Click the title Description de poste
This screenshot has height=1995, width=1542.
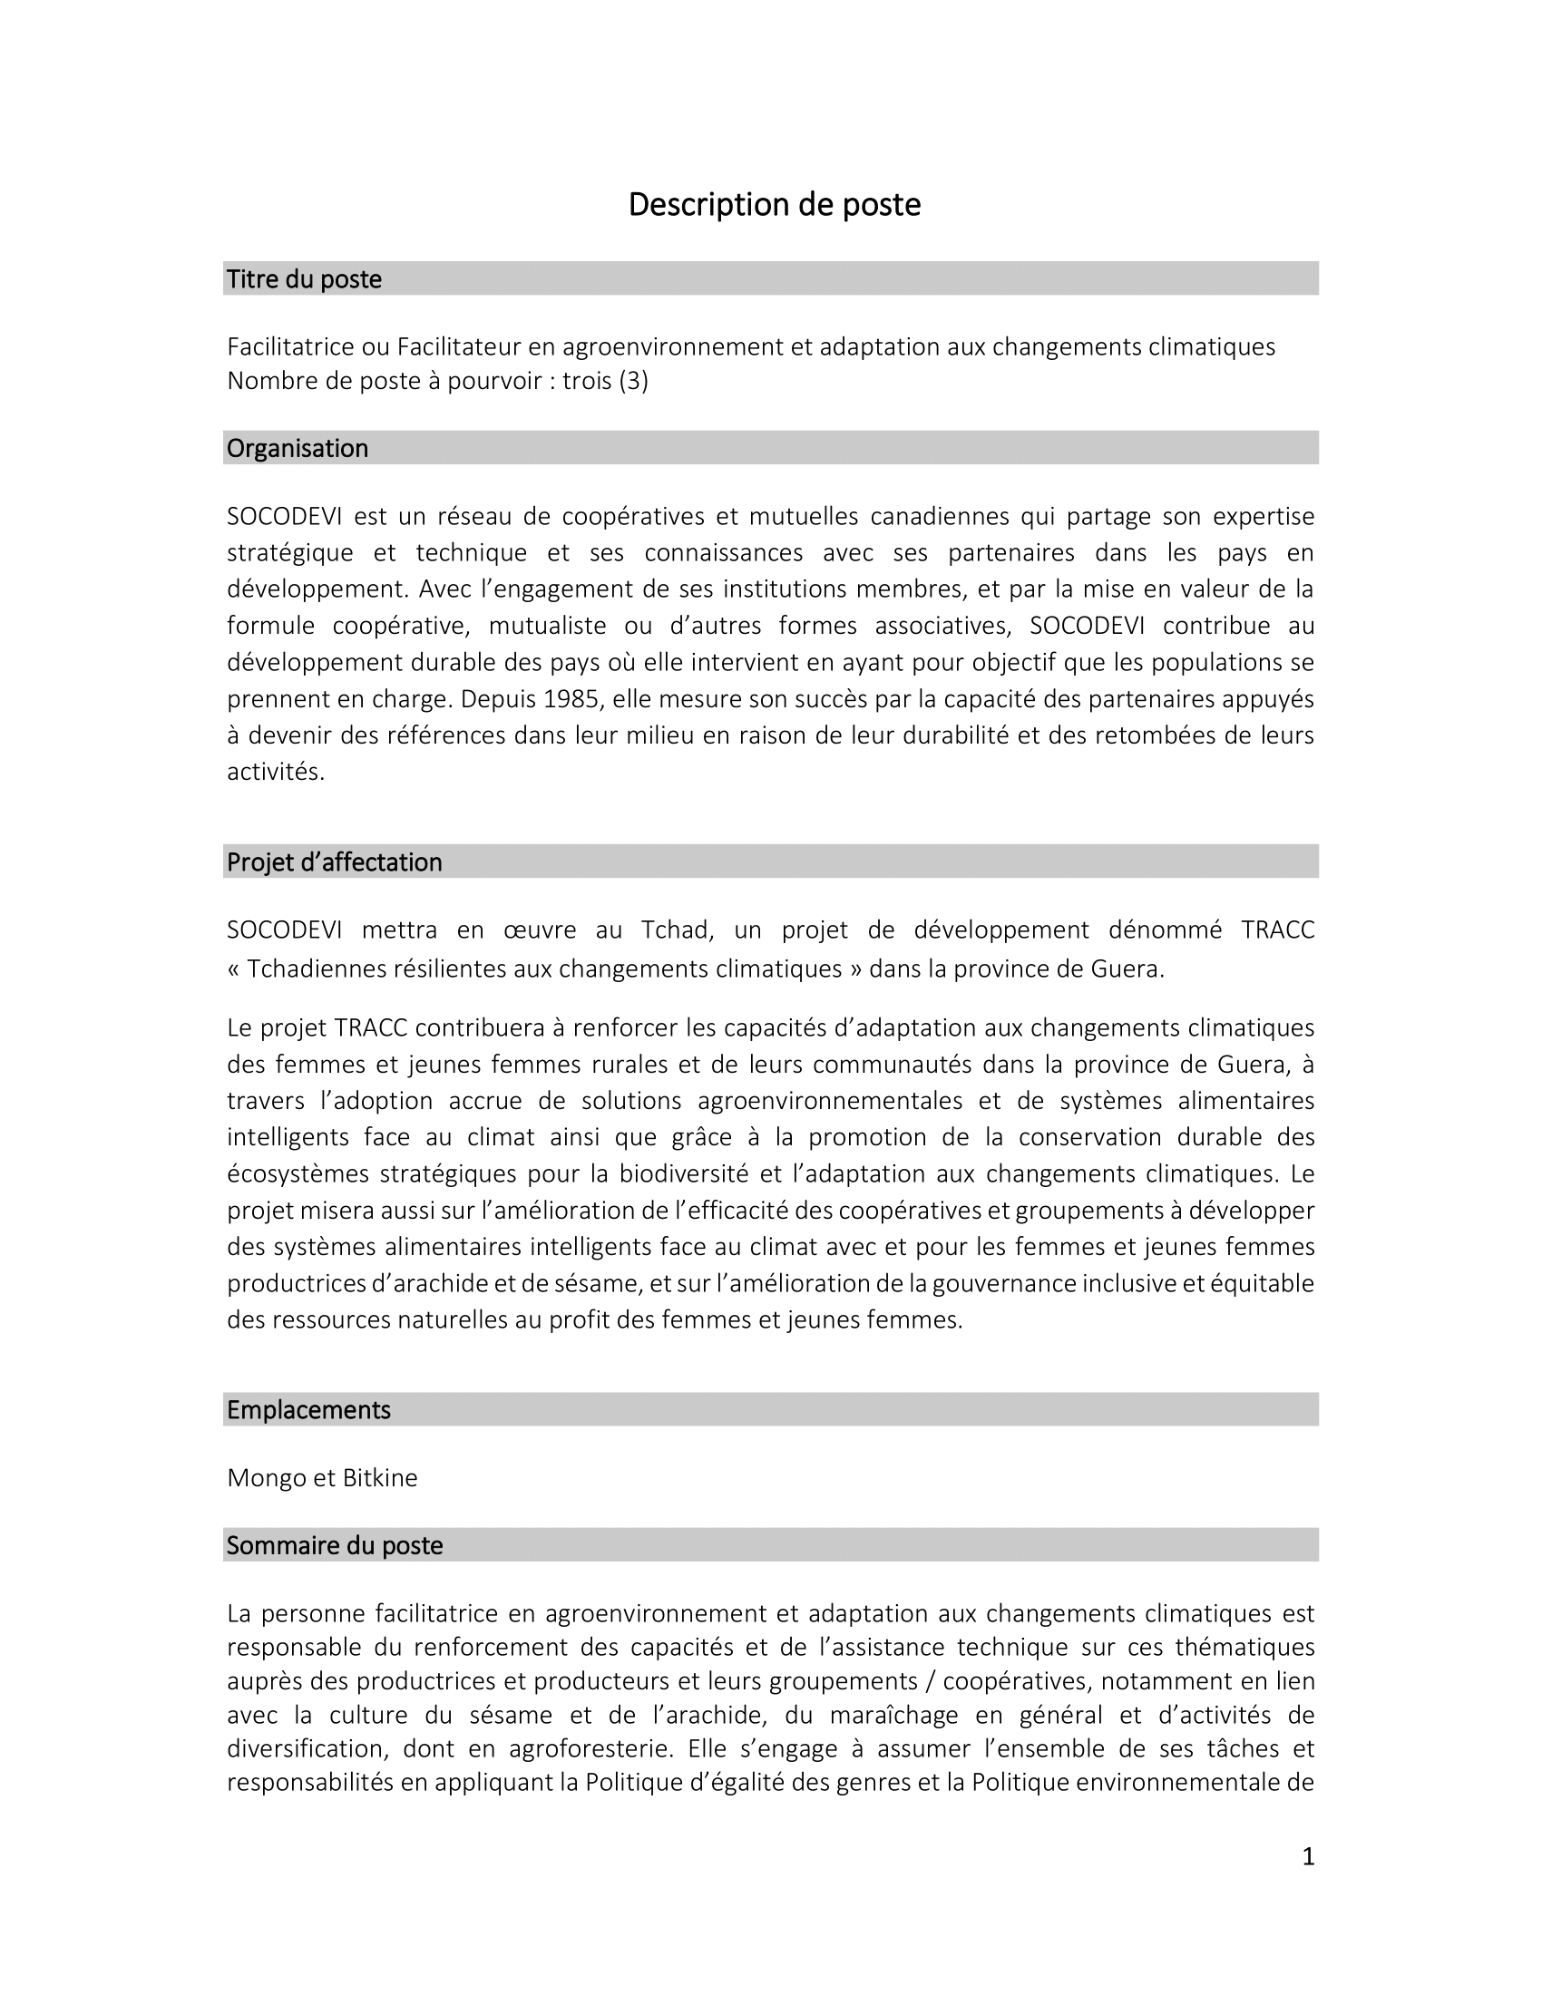(774, 205)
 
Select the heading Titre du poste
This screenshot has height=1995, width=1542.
(304, 278)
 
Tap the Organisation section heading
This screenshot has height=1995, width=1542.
(298, 448)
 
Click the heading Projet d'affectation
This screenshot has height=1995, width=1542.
(335, 861)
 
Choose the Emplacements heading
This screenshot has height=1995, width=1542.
(308, 1409)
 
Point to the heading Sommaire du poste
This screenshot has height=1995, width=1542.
(335, 1544)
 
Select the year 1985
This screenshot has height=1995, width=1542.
(573, 699)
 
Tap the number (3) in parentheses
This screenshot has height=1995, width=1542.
(633, 381)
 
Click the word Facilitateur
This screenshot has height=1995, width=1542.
(458, 347)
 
